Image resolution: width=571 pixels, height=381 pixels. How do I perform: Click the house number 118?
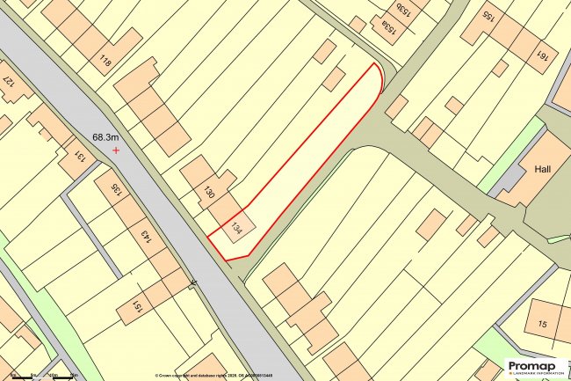pos(106,62)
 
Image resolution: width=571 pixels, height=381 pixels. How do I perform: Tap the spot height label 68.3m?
pos(111,137)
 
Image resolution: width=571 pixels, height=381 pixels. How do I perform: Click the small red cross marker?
pos(116,150)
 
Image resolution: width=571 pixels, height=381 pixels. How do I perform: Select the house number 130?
pos(209,192)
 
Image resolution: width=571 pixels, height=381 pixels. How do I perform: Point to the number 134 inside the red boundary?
pos(235,229)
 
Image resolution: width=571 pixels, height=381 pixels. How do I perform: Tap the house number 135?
pos(115,189)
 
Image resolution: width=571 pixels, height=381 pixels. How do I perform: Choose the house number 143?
pos(147,238)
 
